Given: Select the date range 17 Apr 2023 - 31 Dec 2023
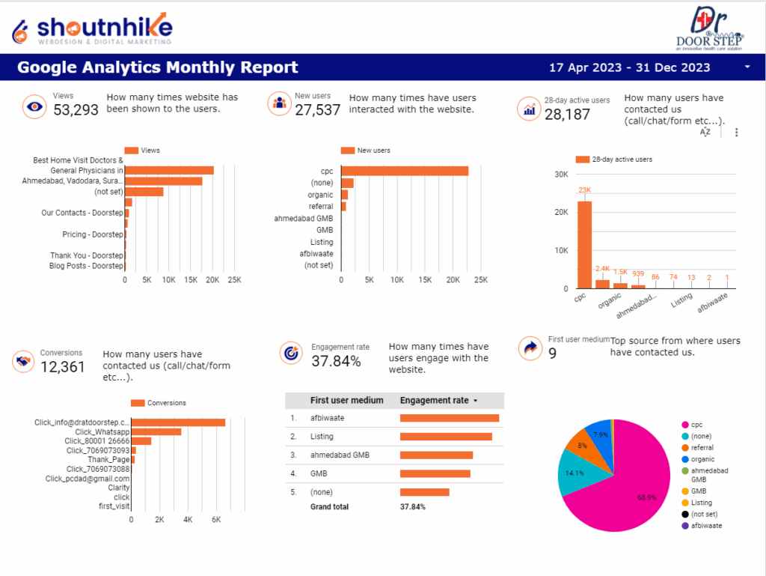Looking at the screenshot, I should pyautogui.click(x=629, y=67).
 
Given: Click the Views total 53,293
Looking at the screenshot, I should pyautogui.click(x=76, y=111).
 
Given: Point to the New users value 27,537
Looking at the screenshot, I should pyautogui.click(x=318, y=111).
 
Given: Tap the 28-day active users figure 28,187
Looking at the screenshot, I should pyautogui.click(x=567, y=115).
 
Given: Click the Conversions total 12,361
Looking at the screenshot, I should pyautogui.click(x=63, y=367).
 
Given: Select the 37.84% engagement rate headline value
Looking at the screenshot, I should pyautogui.click(x=337, y=361).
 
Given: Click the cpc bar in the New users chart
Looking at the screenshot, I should pyautogui.click(x=405, y=171).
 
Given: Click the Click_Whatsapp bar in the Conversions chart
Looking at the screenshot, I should pyautogui.click(x=156, y=431).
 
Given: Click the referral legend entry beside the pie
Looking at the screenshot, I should pyautogui.click(x=702, y=447).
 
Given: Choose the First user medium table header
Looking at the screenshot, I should pyautogui.click(x=346, y=401).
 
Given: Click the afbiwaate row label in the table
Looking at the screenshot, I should pyautogui.click(x=327, y=418).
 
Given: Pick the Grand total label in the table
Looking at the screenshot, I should pyautogui.click(x=329, y=507).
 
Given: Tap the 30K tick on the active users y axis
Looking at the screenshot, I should pyautogui.click(x=560, y=175).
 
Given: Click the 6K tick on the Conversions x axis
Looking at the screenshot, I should pyautogui.click(x=216, y=519).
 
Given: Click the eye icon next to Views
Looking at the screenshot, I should pyautogui.click(x=34, y=106).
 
